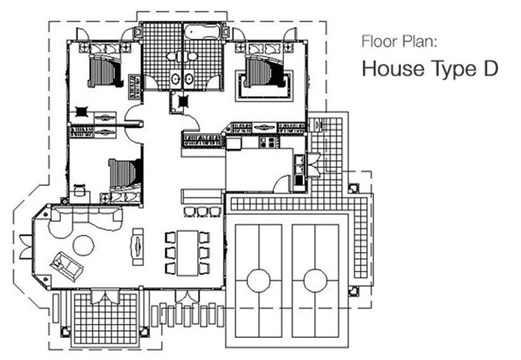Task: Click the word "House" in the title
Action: click(x=393, y=69)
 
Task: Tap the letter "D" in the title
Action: click(x=490, y=69)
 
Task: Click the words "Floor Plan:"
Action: click(x=399, y=42)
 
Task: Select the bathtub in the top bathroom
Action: click(x=202, y=32)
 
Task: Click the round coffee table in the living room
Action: click(x=83, y=245)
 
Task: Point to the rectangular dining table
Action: click(x=188, y=253)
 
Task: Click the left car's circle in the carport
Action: click(x=258, y=281)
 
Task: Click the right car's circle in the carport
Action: click(x=315, y=281)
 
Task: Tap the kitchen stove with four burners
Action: click(x=269, y=142)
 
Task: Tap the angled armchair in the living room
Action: click(x=66, y=265)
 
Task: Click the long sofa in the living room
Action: click(x=85, y=219)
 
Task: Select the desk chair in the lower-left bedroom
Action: click(x=80, y=190)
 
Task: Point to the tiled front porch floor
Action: click(x=106, y=319)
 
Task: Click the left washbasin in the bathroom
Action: click(x=175, y=79)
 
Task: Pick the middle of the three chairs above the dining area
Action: click(x=203, y=212)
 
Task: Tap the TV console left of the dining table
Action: click(x=138, y=247)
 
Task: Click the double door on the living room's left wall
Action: click(x=26, y=247)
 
